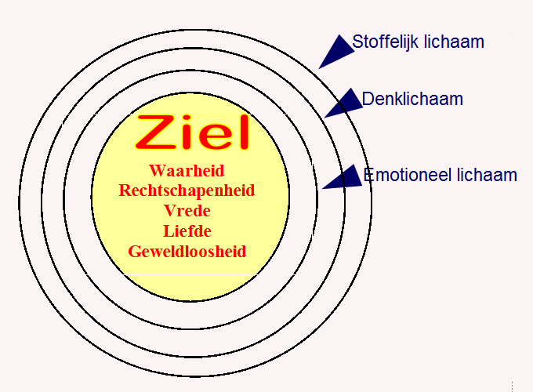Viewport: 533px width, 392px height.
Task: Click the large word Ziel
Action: tap(192, 133)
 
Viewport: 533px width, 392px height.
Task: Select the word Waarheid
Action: tap(187, 170)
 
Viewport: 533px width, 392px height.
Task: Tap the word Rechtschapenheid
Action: tap(187, 191)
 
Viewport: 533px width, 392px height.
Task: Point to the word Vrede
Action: tap(187, 211)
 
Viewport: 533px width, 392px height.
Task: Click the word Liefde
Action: tap(187, 231)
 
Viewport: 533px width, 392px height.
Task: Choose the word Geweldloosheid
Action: tap(187, 252)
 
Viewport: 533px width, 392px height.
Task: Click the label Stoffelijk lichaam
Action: tap(418, 42)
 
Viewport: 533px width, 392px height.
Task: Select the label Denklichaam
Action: tap(412, 100)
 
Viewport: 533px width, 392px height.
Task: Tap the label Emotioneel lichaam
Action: tap(441, 175)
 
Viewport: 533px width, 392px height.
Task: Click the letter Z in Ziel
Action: tap(154, 133)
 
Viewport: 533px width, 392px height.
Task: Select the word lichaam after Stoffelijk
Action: tap(455, 42)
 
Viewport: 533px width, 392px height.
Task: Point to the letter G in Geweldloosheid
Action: tap(134, 252)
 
